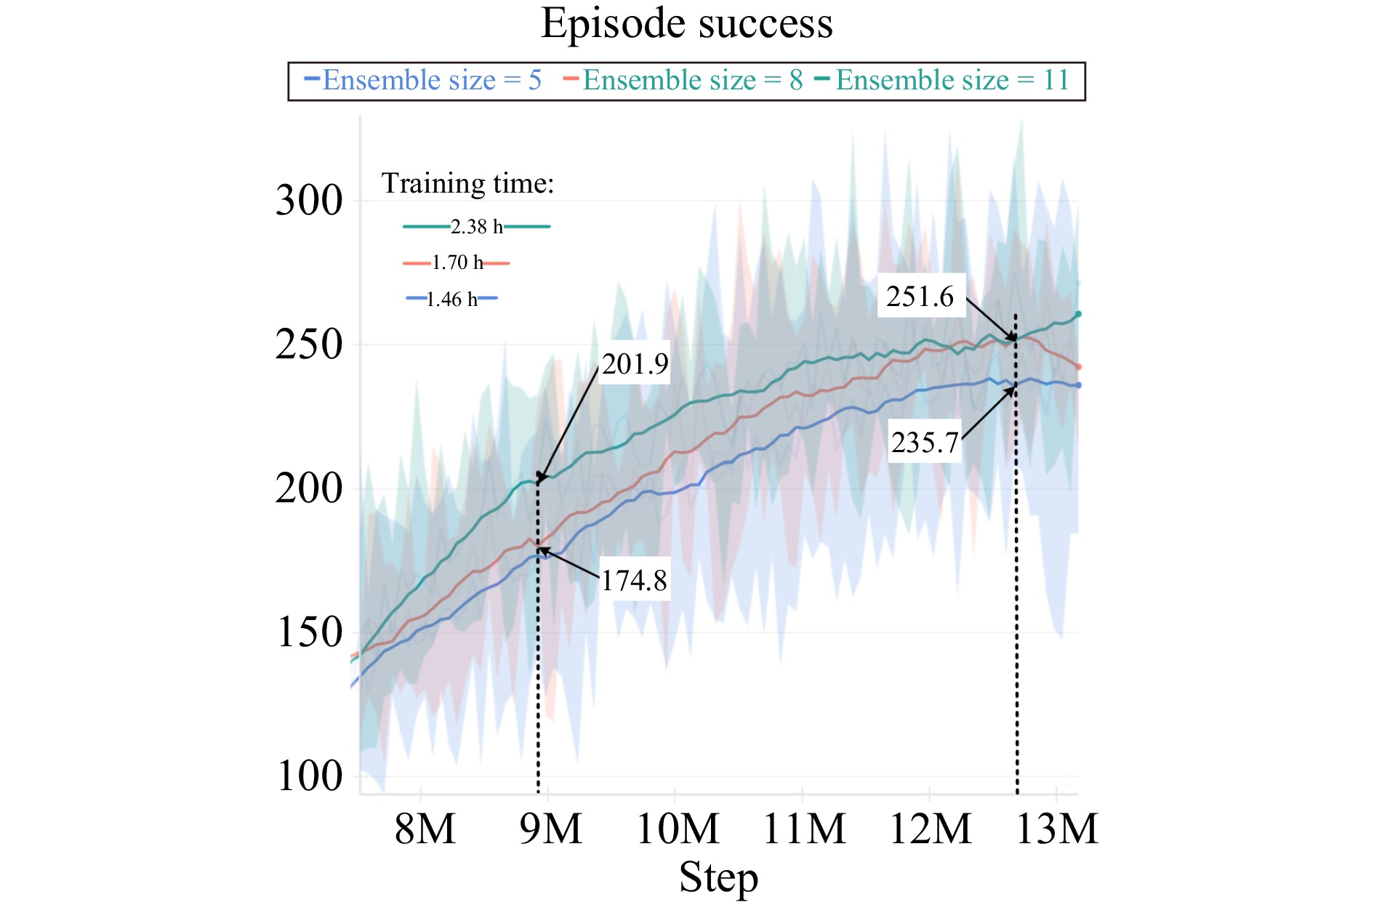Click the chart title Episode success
[686, 24]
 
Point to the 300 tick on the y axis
[309, 201]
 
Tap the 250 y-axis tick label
[309, 345]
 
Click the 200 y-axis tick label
[309, 488]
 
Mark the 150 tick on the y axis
[309, 632]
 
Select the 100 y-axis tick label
[309, 776]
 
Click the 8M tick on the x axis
[425, 829]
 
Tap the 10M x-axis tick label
[678, 829]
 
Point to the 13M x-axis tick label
[1057, 829]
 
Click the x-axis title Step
[718, 877]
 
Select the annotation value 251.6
[920, 297]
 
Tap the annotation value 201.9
[635, 364]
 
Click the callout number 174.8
[634, 581]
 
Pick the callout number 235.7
[925, 443]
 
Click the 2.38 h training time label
[477, 227]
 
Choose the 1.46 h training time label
[451, 299]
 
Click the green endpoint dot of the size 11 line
[1078, 314]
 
